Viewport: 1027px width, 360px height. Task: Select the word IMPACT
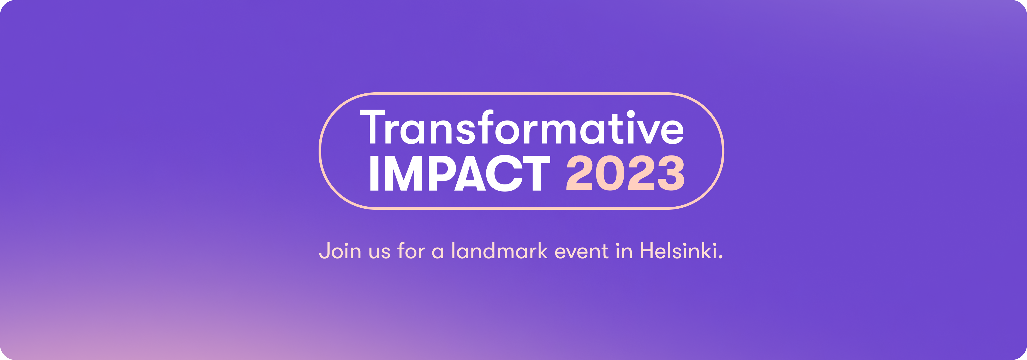(460, 173)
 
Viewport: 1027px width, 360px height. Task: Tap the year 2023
(625, 173)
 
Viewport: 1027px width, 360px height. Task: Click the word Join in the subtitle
(340, 251)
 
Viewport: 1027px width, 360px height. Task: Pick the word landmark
(500, 251)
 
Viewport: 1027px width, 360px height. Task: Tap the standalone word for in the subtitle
(411, 251)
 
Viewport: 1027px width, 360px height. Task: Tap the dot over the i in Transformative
(631, 114)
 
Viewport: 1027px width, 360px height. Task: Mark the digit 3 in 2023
(671, 173)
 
